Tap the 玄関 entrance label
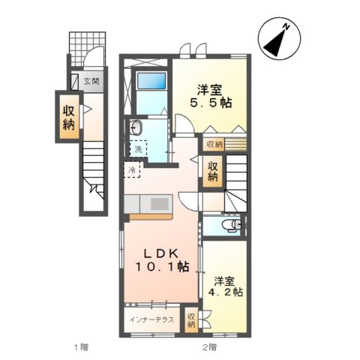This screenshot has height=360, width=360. (x=90, y=80)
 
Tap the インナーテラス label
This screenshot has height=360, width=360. (x=151, y=320)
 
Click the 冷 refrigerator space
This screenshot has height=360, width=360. (x=133, y=171)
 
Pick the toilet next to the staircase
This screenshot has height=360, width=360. (x=232, y=224)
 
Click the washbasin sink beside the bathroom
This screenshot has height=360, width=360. (x=136, y=127)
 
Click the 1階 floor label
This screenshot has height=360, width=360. (x=80, y=346)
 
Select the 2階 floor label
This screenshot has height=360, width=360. (x=208, y=346)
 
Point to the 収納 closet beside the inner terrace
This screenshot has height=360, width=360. (x=191, y=319)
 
